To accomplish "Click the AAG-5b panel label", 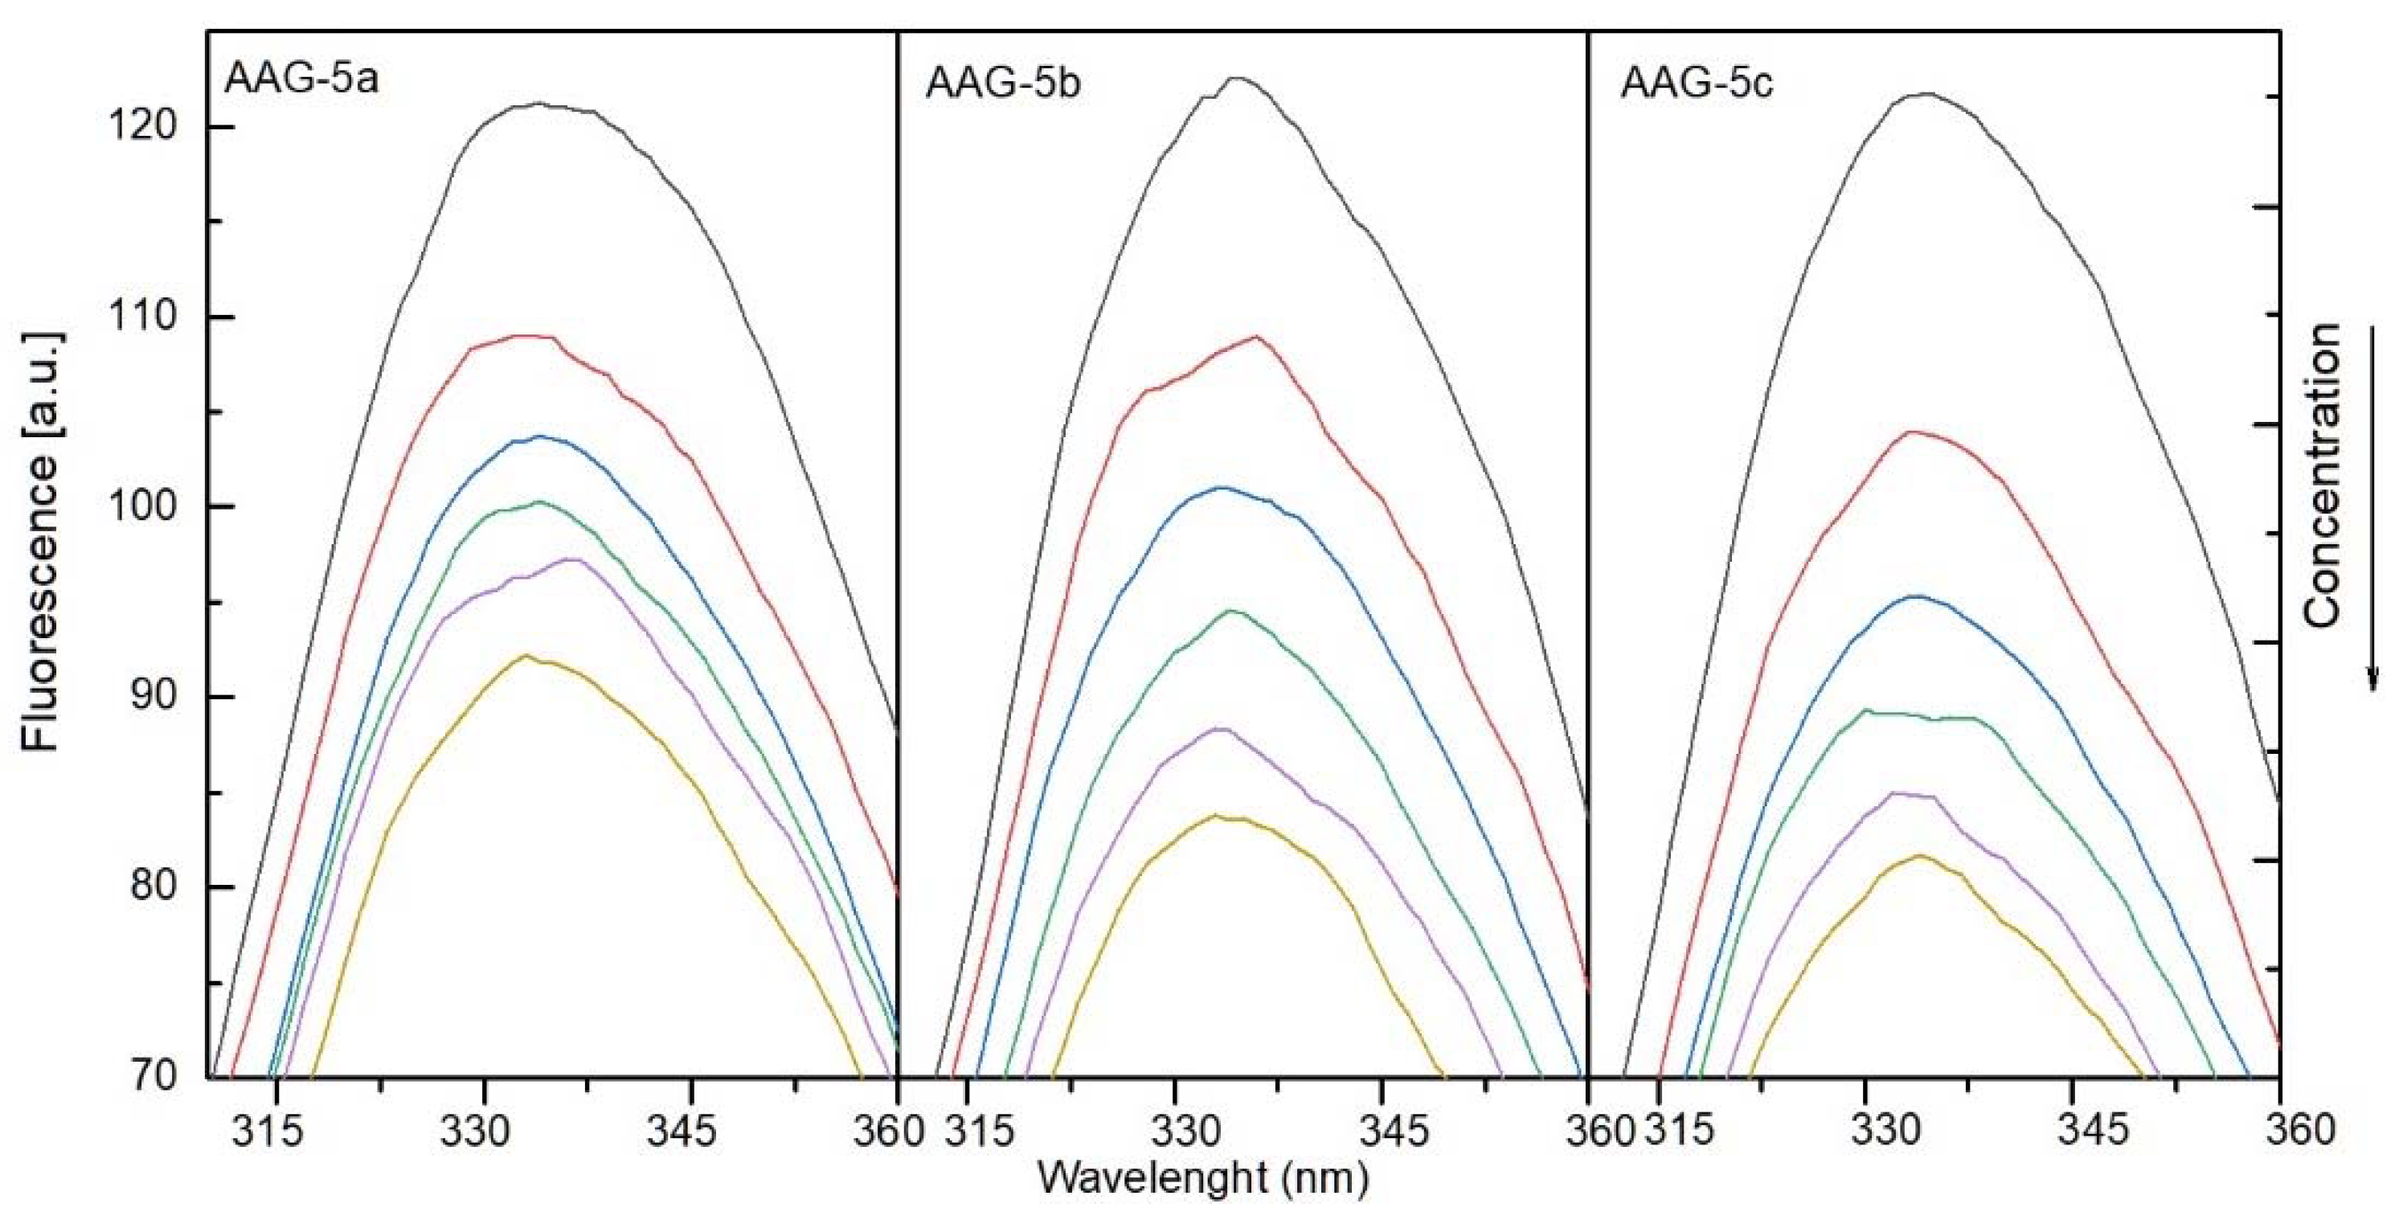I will (1004, 83).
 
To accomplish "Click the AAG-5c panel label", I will (1697, 83).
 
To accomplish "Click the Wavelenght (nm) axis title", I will (1203, 1179).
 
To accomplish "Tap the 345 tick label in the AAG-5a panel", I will (691, 1132).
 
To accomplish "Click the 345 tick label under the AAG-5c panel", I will (2073, 1132).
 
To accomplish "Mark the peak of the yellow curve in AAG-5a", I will (526, 656).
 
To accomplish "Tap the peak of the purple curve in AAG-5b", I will (1220, 727).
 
